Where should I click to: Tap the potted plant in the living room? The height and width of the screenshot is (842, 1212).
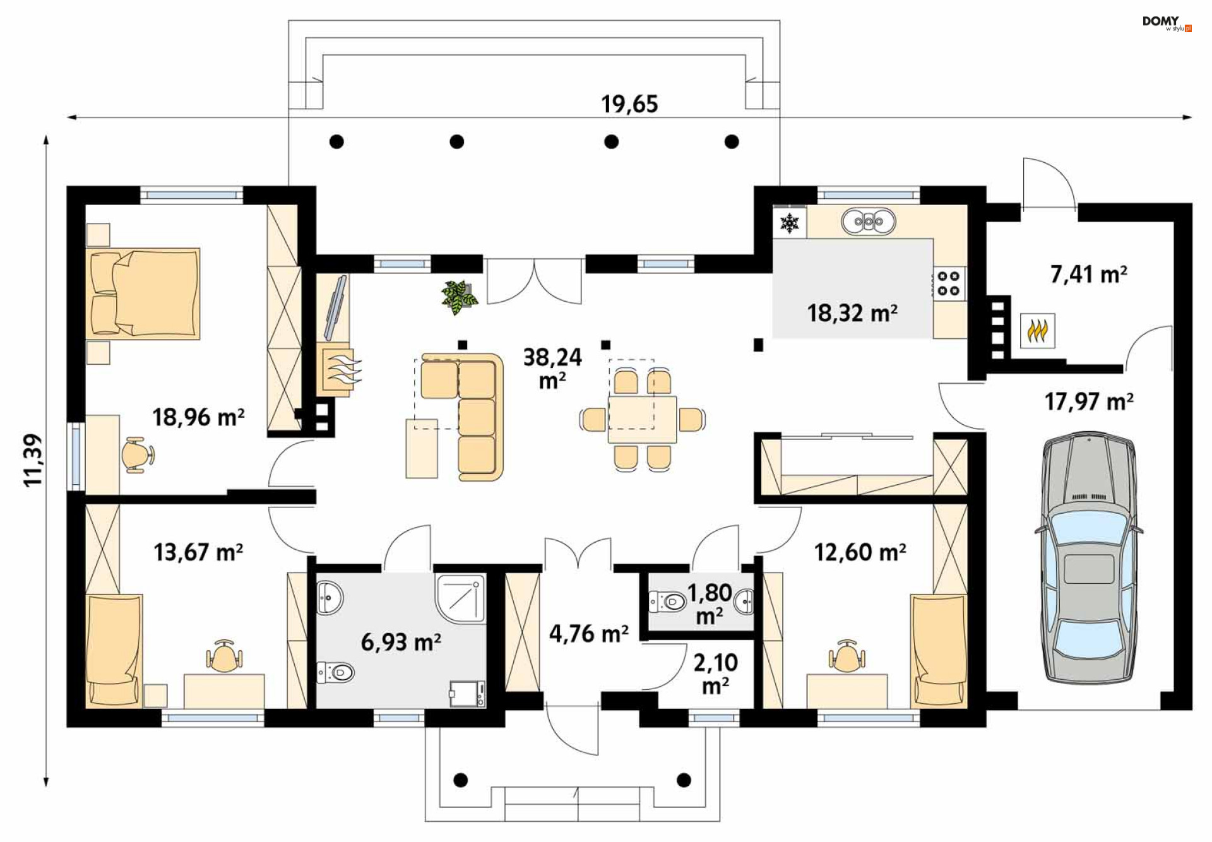pos(459,297)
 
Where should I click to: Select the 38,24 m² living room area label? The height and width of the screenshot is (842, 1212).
pos(552,369)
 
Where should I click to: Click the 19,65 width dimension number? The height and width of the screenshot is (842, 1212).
pos(629,104)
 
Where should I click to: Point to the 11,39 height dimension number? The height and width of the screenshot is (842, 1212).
pos(33,460)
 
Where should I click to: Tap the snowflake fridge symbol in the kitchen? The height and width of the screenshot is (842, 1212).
pos(790,222)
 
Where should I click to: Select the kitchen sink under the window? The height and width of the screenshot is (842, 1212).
pos(869,222)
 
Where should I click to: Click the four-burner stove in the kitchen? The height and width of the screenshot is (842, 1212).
pos(948,283)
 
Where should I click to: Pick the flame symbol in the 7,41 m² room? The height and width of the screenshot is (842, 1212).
pos(1038,330)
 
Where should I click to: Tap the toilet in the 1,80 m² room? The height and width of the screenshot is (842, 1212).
pos(668,602)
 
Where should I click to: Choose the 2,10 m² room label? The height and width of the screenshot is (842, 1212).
pos(715,673)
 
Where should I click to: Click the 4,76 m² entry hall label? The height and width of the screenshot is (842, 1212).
pos(588,633)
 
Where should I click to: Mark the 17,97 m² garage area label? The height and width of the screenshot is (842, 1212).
pos(1089,401)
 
